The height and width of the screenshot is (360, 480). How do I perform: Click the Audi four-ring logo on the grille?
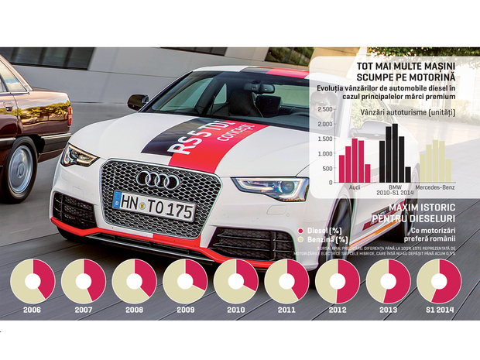158,180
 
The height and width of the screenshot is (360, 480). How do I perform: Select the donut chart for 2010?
236,281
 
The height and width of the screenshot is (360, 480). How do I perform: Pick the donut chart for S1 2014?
439,281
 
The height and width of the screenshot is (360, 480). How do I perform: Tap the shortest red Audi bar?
368,172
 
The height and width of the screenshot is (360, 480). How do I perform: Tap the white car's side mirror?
138,101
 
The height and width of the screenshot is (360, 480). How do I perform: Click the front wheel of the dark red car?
20,169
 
